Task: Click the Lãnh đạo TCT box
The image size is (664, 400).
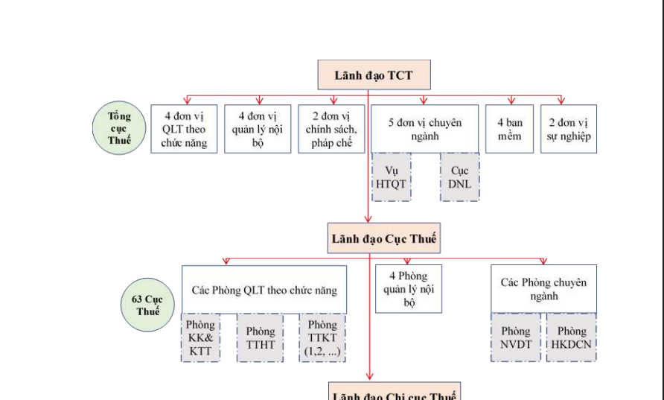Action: [374, 75]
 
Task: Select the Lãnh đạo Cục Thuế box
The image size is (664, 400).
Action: [384, 238]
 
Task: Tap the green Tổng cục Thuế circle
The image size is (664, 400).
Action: [119, 128]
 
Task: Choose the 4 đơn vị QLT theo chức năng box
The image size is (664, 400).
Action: [185, 129]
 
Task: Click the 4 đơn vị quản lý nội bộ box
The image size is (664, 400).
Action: [258, 129]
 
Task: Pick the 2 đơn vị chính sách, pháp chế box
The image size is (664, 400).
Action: [331, 129]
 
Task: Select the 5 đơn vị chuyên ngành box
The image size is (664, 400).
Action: [424, 129]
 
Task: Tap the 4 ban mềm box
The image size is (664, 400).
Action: [510, 129]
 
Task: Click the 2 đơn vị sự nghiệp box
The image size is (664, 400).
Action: [569, 129]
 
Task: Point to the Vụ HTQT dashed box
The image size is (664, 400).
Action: [392, 177]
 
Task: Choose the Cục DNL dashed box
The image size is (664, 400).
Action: [460, 177]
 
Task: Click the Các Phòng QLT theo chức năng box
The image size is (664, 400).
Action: [264, 289]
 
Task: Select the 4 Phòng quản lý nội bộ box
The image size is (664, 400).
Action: [408, 288]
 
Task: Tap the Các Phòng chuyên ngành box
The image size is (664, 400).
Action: [543, 288]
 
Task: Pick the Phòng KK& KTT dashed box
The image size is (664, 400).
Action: [201, 337]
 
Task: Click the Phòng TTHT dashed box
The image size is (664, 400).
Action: [261, 337]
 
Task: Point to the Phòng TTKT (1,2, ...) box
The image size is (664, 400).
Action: [322, 337]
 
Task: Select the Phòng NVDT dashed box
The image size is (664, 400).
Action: [516, 337]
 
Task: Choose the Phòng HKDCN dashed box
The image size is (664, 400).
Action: [572, 337]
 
